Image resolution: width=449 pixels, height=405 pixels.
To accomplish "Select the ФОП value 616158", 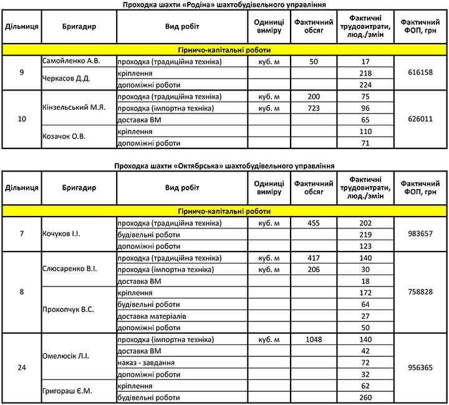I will [x=418, y=73].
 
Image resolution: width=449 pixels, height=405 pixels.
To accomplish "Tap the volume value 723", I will [x=313, y=108].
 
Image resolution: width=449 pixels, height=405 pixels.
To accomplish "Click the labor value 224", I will [x=365, y=85].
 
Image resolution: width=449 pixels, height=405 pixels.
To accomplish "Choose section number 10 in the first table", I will [x=22, y=119].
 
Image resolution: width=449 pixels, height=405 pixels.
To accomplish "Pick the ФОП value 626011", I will [x=418, y=120].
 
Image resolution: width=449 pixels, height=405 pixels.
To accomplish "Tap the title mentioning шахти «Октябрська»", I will [x=224, y=165].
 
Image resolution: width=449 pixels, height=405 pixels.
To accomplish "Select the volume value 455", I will [x=313, y=223].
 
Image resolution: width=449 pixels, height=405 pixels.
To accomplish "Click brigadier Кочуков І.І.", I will [x=62, y=234].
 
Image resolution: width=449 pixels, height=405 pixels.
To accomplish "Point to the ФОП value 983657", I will [x=418, y=234].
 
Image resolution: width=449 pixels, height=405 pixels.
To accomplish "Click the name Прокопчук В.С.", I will [x=69, y=310].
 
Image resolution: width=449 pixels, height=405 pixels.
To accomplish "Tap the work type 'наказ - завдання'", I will [x=146, y=363].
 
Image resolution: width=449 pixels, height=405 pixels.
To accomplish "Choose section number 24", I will [x=22, y=368].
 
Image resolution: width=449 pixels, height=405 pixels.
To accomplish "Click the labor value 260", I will [x=365, y=398].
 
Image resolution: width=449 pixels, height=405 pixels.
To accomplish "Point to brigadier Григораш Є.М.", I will [x=67, y=392].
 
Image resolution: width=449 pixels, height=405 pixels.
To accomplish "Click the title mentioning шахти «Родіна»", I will [x=224, y=4].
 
